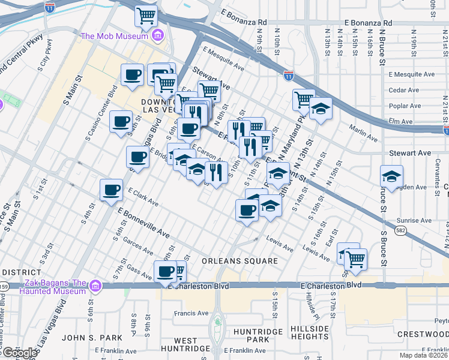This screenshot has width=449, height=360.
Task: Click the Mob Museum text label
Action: point(114,36)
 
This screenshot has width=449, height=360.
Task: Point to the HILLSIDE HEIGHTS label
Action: point(310,333)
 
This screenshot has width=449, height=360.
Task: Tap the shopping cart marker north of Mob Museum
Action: point(146,17)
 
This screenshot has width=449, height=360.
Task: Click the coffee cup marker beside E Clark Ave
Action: point(111,190)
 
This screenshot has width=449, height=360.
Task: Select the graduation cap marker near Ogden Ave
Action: point(391,177)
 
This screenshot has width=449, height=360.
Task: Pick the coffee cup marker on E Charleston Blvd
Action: point(166,271)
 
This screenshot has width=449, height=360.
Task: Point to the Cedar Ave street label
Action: point(403,90)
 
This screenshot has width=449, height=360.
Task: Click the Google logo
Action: point(20,353)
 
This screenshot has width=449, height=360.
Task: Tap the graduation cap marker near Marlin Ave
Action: point(321,109)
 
